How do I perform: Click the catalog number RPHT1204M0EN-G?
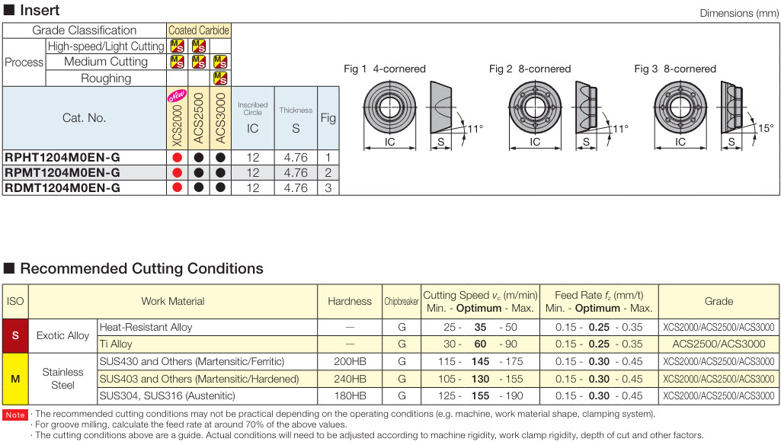(x=62, y=158)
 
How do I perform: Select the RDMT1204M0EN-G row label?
(x=62, y=187)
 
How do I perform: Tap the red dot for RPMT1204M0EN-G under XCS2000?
(x=177, y=173)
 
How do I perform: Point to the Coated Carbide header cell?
(x=198, y=30)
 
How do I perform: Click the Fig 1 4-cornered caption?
(x=385, y=69)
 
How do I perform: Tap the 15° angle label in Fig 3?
(x=765, y=128)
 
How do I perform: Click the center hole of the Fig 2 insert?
(x=535, y=104)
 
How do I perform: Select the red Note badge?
(x=15, y=415)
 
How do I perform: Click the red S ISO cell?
(x=15, y=335)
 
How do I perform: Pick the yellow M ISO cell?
(x=15, y=379)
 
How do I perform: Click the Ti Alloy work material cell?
(x=116, y=344)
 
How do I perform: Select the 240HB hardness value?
(x=350, y=379)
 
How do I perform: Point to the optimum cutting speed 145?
(x=480, y=361)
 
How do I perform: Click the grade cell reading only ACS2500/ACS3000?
(x=719, y=344)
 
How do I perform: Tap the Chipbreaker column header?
(x=401, y=301)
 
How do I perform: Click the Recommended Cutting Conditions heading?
(x=141, y=268)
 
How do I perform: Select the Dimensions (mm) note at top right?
(x=738, y=14)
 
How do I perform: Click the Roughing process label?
(x=106, y=78)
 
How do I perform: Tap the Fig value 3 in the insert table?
(x=328, y=187)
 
